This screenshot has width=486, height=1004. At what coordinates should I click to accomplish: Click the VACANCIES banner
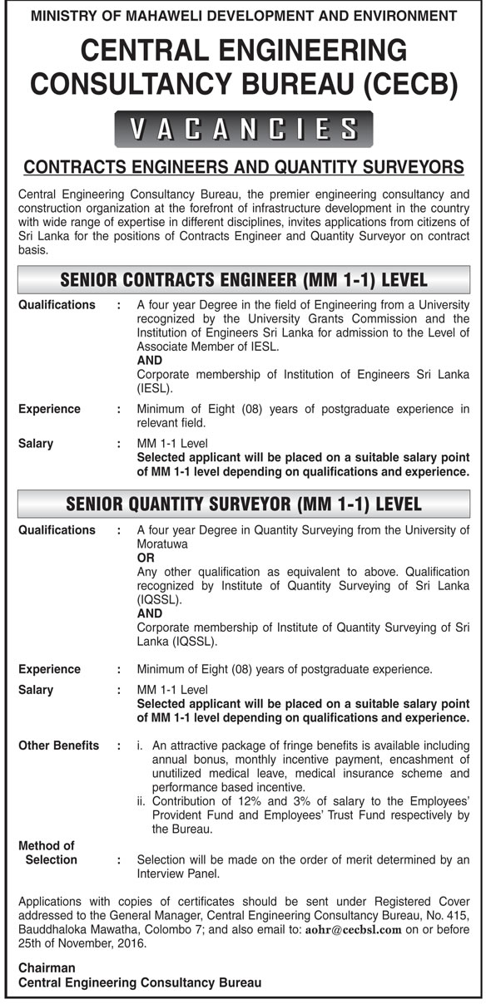point(243,129)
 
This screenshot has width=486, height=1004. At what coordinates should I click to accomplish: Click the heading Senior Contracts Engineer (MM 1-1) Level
point(243,279)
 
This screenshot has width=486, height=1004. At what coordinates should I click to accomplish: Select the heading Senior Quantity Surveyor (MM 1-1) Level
point(243,504)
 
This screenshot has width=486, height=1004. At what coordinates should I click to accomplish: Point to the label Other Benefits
point(58,746)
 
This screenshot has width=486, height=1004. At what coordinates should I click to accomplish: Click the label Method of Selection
point(47,853)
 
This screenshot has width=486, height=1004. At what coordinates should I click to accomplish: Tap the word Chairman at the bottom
point(47,967)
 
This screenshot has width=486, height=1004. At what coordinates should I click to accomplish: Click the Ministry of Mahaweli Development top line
point(243,15)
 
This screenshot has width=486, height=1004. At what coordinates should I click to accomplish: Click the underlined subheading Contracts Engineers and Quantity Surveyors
point(243,167)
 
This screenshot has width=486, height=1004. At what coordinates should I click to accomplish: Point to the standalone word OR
point(146,559)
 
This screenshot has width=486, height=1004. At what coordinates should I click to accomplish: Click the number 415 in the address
point(459,916)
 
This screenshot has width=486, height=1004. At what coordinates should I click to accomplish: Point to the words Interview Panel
point(179,874)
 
